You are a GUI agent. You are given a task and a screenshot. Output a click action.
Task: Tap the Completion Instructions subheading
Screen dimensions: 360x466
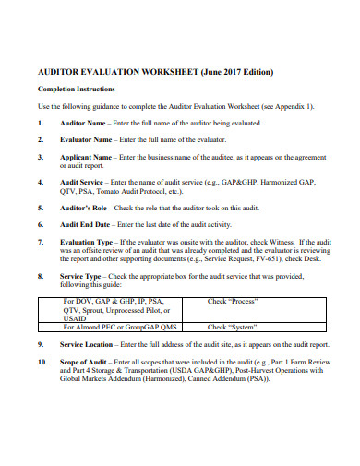[76, 90]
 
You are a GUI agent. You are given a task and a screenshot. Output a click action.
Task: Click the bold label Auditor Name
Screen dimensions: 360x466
[85, 123]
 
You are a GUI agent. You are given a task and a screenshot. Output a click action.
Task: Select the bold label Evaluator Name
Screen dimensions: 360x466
[90, 139]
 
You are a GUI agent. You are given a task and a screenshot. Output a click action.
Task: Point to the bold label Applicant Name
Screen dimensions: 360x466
[89, 157]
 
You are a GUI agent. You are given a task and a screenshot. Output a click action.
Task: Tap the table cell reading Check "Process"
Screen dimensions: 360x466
[233, 301]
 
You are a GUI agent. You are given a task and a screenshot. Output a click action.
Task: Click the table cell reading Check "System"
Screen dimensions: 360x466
[232, 327]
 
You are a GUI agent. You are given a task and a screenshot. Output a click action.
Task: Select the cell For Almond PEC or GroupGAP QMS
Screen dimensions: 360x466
[119, 327]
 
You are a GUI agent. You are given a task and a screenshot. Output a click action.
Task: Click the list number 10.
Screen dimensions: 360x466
[42, 361]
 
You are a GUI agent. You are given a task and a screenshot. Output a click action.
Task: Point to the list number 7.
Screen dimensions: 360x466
[41, 241]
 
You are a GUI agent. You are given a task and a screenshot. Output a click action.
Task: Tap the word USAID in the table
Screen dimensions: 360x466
[75, 317]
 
